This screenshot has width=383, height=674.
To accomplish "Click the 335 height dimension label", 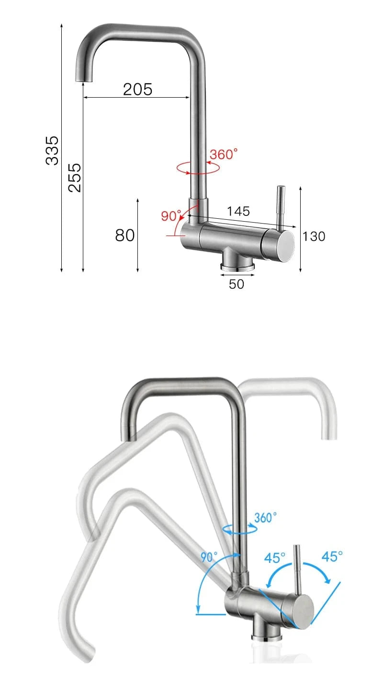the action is pos(52,150).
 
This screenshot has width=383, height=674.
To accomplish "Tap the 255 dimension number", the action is pos(74,177).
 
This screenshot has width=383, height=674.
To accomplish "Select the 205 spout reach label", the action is pos(138,90).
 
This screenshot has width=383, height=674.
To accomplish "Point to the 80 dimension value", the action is pos(125,235).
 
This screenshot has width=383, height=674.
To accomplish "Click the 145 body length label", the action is pos(238,211).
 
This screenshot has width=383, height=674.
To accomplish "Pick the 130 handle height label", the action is pos(314,236).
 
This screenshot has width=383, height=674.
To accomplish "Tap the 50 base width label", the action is pos(237,284).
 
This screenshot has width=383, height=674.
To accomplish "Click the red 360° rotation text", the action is pos(224,154).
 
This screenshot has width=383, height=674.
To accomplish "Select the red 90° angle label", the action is pos(171,215).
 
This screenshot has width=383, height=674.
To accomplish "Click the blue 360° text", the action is pos(265,517).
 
